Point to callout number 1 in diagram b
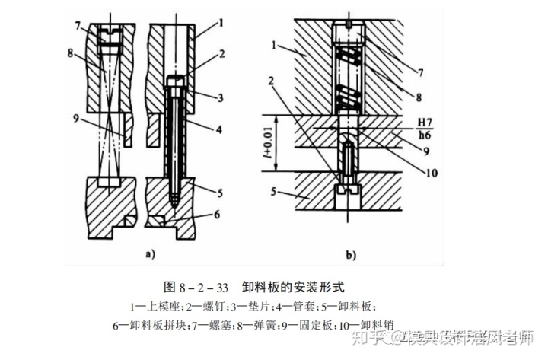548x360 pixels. click(275, 47)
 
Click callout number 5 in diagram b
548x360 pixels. click(275, 193)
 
